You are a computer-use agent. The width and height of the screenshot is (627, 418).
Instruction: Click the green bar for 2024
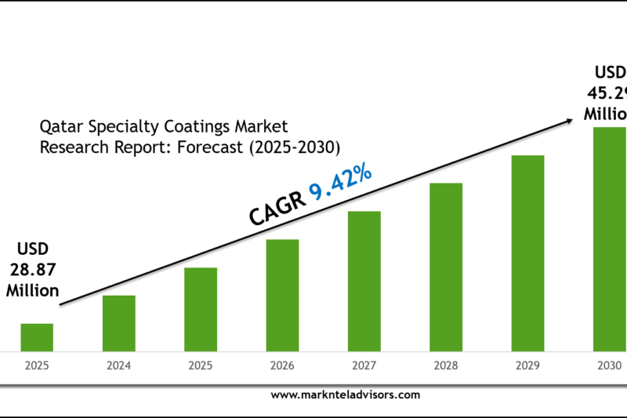click(118, 322)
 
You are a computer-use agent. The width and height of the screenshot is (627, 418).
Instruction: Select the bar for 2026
click(282, 294)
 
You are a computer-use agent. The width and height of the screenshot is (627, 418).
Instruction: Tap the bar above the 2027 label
click(364, 280)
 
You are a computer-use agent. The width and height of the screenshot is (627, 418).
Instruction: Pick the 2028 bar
click(446, 266)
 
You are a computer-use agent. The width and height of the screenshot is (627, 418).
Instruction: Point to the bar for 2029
click(527, 252)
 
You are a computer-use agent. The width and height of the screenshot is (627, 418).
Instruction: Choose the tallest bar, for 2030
click(609, 238)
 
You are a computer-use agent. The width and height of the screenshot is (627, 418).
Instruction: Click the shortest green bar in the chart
click(37, 336)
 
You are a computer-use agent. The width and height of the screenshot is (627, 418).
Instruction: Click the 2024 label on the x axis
click(118, 366)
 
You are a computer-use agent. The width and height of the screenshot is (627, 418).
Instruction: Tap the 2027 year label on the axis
click(364, 366)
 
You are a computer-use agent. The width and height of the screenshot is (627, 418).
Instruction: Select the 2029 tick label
click(527, 366)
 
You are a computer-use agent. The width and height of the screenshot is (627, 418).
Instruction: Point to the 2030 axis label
click(609, 366)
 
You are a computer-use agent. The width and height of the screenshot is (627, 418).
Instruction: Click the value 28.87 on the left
click(33, 271)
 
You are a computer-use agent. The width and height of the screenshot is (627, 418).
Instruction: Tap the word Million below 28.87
click(33, 290)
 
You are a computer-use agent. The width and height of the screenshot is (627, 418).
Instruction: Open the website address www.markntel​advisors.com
click(345, 395)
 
